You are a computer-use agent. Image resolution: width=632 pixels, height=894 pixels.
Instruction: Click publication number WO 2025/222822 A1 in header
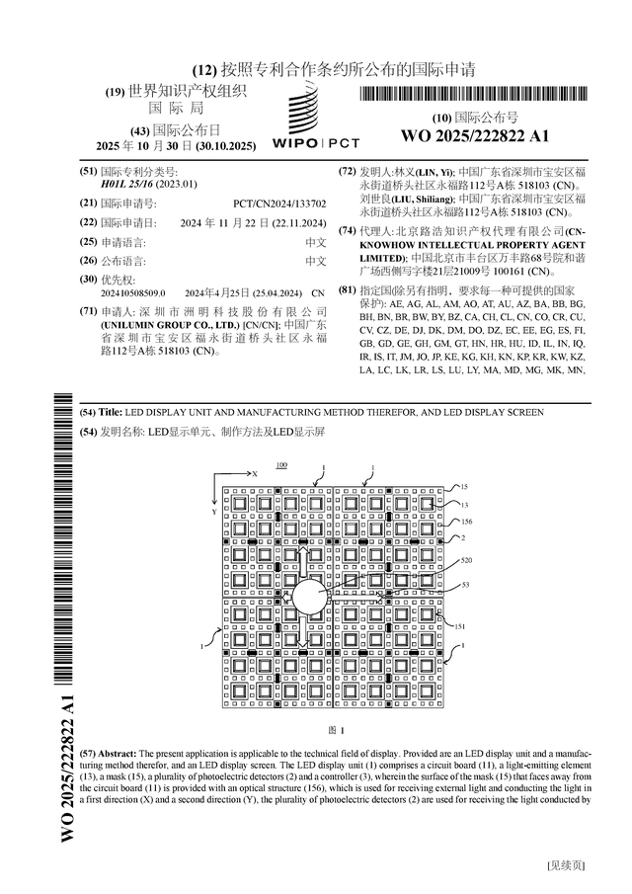[x=474, y=135]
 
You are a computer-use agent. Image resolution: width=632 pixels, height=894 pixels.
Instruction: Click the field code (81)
[x=347, y=290]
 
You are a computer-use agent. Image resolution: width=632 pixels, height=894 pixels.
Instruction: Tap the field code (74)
[x=347, y=230]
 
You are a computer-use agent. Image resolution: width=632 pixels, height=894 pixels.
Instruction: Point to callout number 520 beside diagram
[x=466, y=559]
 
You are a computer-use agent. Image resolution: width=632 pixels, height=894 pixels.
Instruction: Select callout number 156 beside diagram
[x=466, y=521]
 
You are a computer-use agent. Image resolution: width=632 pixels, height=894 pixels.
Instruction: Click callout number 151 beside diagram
[x=459, y=626]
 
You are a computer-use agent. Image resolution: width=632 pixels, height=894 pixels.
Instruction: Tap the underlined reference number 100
[x=281, y=464]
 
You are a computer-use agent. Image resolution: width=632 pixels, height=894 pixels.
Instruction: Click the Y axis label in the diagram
[x=213, y=513]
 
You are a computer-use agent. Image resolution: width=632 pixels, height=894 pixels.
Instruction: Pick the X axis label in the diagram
[x=255, y=474]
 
